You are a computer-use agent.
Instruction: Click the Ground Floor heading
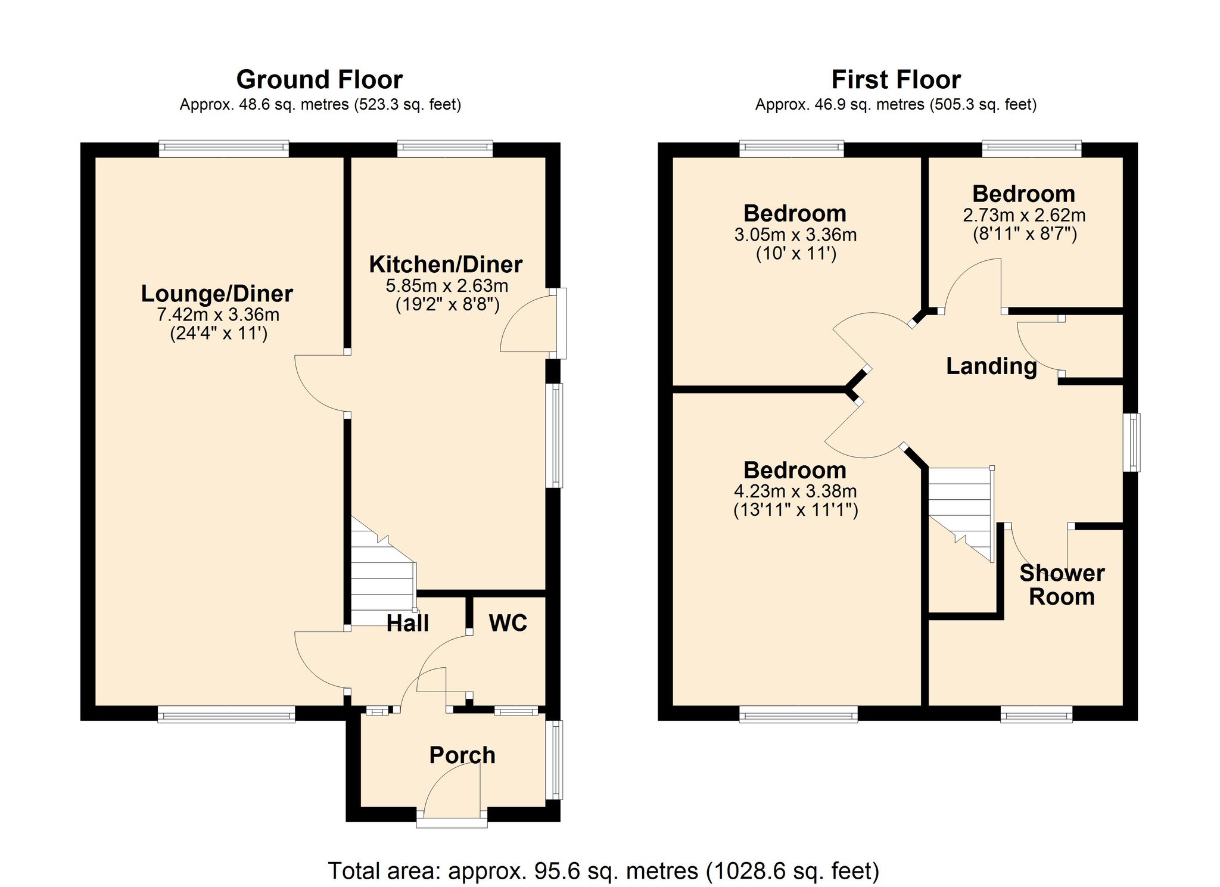pyautogui.click(x=319, y=80)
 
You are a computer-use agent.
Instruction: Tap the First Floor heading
pyautogui.click(x=895, y=80)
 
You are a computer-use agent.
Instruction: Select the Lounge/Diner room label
pyautogui.click(x=217, y=294)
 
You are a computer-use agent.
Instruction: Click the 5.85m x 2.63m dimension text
pyautogui.click(x=447, y=286)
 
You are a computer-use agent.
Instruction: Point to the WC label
pyautogui.click(x=508, y=623)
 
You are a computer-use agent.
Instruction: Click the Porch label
pyautogui.click(x=462, y=755)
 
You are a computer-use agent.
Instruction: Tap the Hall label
pyautogui.click(x=407, y=623)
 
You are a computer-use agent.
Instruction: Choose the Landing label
pyautogui.click(x=991, y=366)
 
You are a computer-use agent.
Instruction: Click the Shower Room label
pyautogui.click(x=1062, y=584)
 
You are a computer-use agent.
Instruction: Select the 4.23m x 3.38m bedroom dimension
pyautogui.click(x=795, y=491)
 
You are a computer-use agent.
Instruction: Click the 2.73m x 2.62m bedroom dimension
pyautogui.click(x=1024, y=215)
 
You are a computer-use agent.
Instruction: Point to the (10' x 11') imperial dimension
pyautogui.click(x=796, y=254)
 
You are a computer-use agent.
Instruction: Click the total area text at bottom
pyautogui.click(x=603, y=871)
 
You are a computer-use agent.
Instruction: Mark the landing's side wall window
pyautogui.click(x=1132, y=442)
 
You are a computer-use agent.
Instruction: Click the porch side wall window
pyautogui.click(x=555, y=760)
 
